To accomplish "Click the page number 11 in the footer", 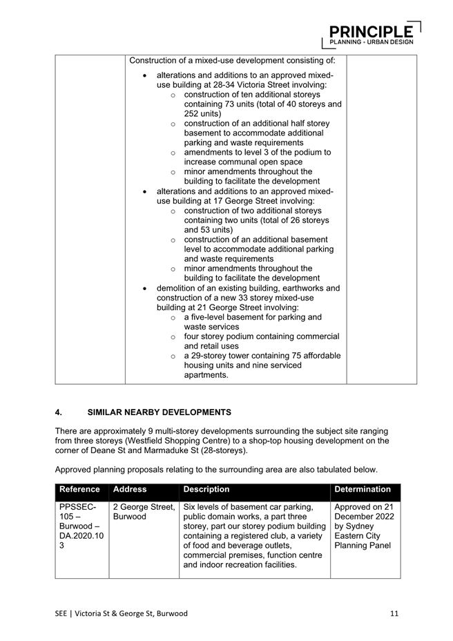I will (394, 613).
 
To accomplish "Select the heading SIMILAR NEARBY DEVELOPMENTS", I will (160, 412).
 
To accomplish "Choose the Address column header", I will (130, 489).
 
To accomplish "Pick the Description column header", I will (206, 489).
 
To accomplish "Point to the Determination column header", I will (363, 489).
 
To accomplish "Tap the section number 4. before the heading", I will (59, 412).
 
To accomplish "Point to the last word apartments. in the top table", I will (206, 375).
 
